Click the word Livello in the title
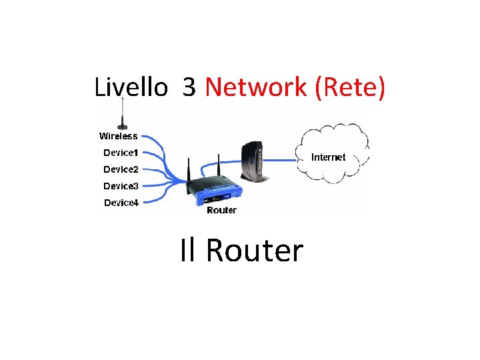(x=131, y=87)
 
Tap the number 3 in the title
(x=189, y=87)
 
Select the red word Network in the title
(x=256, y=87)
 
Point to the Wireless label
(x=119, y=136)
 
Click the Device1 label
(x=121, y=153)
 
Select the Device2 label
(x=121, y=169)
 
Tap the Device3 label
(x=121, y=186)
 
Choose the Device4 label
(x=121, y=203)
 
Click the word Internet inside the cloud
(x=329, y=157)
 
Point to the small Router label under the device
(x=221, y=210)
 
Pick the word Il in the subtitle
(x=189, y=251)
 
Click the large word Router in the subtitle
(x=255, y=251)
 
